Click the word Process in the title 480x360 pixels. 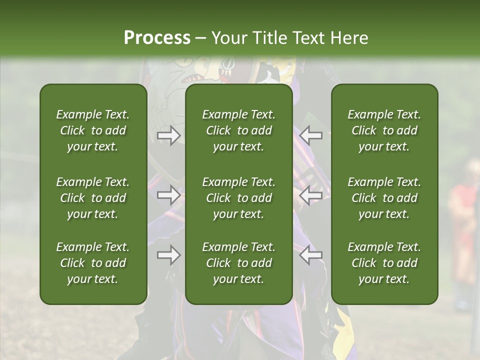pos(157,38)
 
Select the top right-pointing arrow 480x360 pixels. pos(169,135)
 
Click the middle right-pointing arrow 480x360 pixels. pos(169,194)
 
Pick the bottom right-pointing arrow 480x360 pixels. pos(169,255)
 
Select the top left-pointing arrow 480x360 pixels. pos(311,135)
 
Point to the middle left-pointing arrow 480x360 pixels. pos(311,194)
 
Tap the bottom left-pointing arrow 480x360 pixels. pos(311,255)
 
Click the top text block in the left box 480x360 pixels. pos(93,130)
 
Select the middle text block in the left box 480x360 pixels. pos(93,198)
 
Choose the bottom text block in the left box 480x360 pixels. pos(93,263)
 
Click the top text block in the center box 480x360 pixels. pos(239,130)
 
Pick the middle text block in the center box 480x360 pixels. pos(239,198)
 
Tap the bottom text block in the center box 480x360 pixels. pos(239,263)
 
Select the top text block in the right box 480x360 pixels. pos(384,130)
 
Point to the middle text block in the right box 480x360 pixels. pos(384,198)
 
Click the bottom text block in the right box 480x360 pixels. pos(384,263)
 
